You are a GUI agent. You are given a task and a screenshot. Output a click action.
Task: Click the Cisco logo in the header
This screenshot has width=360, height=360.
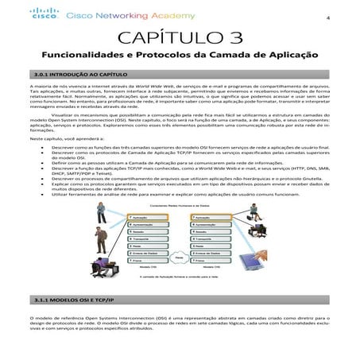tap(45, 14)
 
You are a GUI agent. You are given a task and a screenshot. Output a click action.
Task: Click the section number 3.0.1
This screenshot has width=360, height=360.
tap(40, 73)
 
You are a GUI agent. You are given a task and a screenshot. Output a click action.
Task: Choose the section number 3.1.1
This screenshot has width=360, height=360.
tap(40, 303)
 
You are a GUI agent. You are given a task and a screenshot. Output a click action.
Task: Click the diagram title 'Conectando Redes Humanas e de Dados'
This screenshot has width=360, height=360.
tap(180, 206)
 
